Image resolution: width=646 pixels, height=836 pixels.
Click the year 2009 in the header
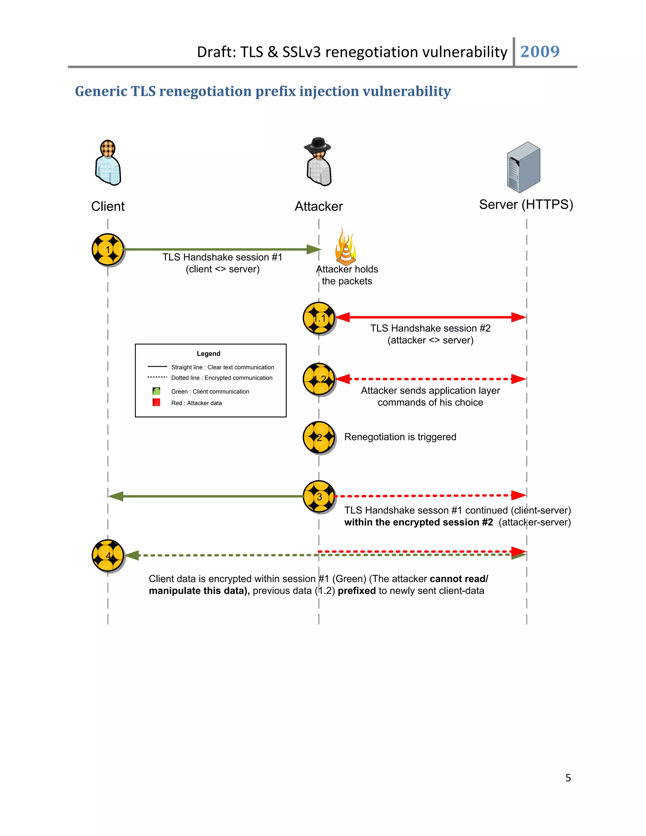[540, 51]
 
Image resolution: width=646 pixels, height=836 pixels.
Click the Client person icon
[108, 163]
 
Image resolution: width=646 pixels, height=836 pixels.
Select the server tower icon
[524, 167]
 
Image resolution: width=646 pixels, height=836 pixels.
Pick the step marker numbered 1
[108, 250]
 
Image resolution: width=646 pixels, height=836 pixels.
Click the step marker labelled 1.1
[319, 318]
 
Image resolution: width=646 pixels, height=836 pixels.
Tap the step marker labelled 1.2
[319, 379]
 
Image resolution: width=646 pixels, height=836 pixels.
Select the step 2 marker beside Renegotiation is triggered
[319, 438]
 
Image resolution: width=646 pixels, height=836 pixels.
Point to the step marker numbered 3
[319, 497]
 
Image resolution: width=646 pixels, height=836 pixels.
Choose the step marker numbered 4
[108, 556]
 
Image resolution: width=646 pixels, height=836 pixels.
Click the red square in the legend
[156, 402]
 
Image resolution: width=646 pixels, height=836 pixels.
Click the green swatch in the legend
[156, 391]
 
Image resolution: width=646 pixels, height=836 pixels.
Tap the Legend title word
[208, 354]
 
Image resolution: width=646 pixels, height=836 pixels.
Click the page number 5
[568, 777]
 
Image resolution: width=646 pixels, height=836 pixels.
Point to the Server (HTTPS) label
[526, 205]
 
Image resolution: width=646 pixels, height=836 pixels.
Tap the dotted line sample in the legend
[157, 377]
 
